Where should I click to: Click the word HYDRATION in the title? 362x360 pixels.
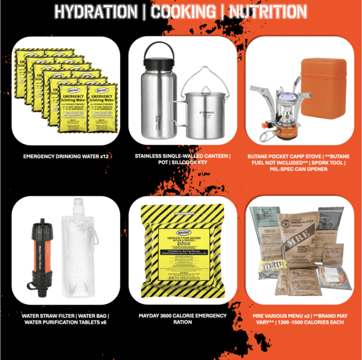click(95, 11)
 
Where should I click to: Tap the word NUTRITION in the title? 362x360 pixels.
click(262, 11)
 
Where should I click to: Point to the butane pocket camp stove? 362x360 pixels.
click(279, 106)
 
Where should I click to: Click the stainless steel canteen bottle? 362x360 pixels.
click(157, 97)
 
